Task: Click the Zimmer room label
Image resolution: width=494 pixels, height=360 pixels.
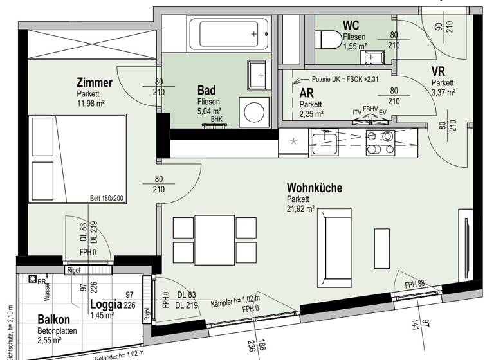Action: tap(95, 82)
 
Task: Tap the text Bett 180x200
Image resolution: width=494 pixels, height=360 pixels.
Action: tap(107, 199)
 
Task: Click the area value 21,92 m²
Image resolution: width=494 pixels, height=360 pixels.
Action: tap(300, 208)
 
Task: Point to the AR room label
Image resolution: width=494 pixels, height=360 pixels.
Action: tap(306, 93)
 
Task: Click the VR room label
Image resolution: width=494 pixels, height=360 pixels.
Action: tap(439, 71)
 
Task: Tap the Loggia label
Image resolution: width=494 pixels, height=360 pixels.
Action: tap(106, 305)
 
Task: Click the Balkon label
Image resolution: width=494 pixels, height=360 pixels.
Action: tap(53, 319)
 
